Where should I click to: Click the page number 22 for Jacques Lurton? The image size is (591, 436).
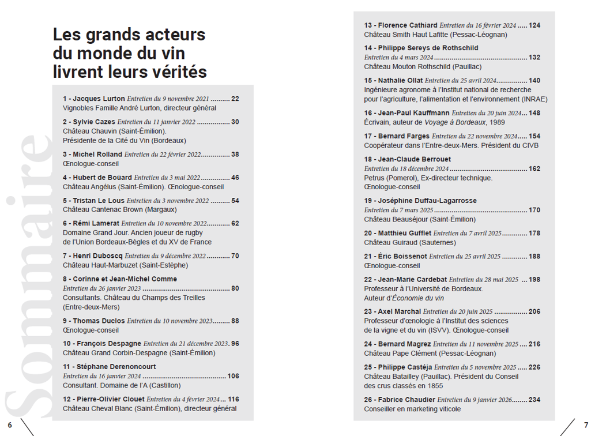[235, 99]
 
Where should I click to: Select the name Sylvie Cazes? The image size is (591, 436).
[93, 122]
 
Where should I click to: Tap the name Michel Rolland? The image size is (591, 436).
[97, 155]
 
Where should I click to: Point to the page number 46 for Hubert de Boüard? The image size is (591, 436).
[235, 178]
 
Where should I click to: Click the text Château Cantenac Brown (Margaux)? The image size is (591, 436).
[119, 209]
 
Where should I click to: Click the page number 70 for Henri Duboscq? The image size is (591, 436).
[235, 256]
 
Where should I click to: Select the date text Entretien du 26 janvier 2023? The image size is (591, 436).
[101, 288]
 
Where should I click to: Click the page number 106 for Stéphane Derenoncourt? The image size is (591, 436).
[233, 376]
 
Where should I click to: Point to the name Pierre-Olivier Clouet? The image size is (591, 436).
[108, 399]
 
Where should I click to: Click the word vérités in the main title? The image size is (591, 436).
[179, 73]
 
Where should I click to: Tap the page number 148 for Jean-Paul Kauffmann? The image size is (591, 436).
[534, 113]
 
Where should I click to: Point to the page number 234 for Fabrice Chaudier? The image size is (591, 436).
[534, 400]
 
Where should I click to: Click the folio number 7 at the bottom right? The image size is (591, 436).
[586, 425]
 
